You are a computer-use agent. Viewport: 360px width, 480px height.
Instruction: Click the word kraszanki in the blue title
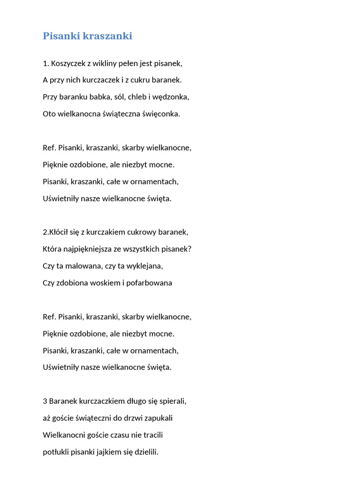[x=107, y=36]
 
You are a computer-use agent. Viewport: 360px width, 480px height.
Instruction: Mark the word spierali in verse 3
[x=172, y=401]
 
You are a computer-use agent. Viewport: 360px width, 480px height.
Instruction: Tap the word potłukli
[x=56, y=452]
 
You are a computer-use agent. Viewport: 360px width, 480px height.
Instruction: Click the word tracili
[x=151, y=435]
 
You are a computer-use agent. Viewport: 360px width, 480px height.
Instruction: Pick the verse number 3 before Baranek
[x=45, y=401]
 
